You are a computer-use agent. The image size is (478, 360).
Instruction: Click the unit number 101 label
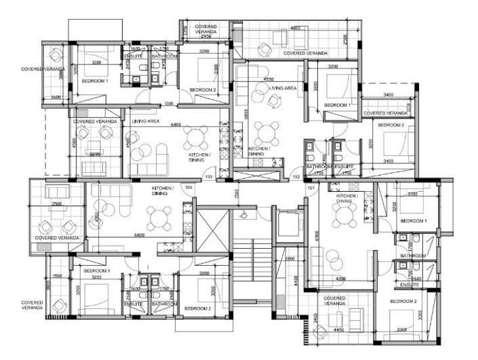311,187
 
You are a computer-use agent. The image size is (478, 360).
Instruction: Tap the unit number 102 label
296,177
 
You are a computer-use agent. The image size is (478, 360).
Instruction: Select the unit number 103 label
208,176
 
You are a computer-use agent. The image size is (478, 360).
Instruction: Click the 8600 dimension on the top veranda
296,28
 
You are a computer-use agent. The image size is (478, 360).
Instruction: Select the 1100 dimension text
170,104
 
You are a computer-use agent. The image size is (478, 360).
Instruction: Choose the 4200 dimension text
340,278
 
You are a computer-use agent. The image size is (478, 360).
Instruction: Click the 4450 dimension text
336,331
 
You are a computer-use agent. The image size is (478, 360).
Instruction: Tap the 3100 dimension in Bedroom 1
96,62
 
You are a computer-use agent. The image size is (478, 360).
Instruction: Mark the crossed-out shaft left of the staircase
213,229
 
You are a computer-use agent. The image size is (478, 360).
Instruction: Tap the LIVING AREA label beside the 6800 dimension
145,121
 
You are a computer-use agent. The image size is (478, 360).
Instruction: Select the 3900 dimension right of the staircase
288,259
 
